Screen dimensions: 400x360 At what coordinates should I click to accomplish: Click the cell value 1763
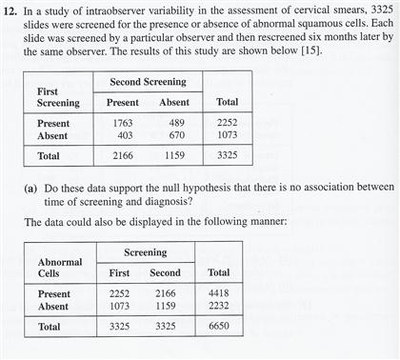[x=123, y=123]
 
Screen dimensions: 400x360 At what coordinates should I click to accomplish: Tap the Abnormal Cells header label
[x=59, y=267]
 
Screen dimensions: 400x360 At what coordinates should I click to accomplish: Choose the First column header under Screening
[x=112, y=272]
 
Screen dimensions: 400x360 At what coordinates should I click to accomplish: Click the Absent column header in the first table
[x=174, y=102]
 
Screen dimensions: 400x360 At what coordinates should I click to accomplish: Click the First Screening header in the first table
[x=58, y=96]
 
